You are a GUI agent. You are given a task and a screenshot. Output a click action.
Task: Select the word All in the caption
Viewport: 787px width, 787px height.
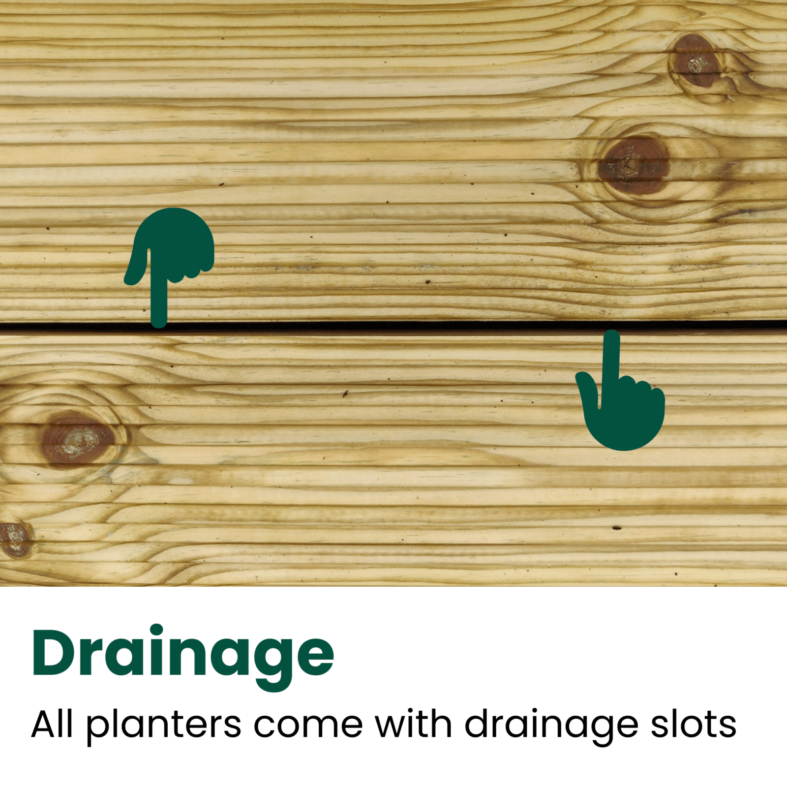[52, 724]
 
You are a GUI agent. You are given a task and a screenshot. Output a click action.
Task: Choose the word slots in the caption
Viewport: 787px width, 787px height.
[694, 724]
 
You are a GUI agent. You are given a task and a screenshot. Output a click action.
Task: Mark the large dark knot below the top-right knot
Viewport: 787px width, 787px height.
[634, 165]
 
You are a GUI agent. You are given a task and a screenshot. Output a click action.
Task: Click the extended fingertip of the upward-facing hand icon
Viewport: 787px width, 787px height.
[159, 322]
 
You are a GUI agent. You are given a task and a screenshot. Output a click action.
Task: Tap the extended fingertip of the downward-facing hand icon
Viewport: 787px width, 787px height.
[611, 335]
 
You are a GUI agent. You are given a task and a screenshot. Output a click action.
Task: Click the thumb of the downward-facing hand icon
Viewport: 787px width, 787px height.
[587, 386]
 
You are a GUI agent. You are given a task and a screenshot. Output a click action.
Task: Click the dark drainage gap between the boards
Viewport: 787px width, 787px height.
[393, 326]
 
